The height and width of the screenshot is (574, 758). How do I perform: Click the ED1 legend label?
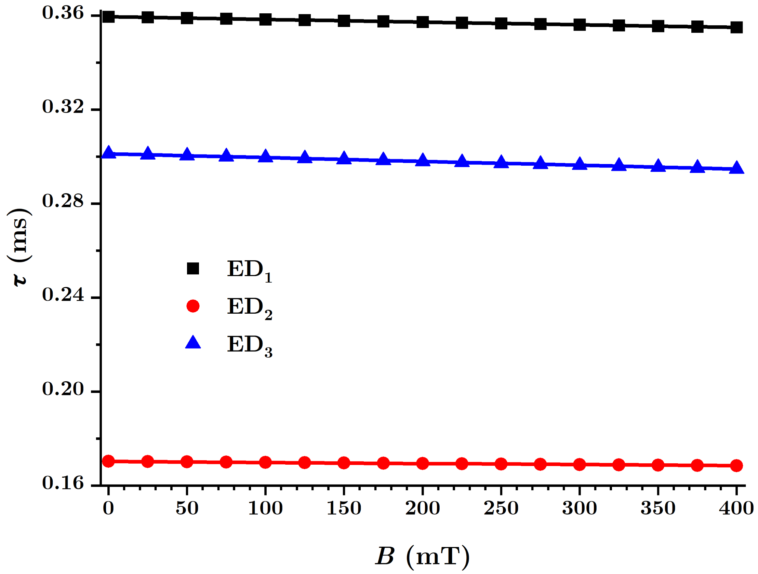pyautogui.click(x=250, y=271)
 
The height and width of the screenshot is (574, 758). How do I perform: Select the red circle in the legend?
pyautogui.click(x=193, y=306)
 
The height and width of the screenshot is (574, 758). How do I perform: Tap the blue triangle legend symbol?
pyautogui.click(x=193, y=343)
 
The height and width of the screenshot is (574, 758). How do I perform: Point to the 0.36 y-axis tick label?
pyautogui.click(x=63, y=13)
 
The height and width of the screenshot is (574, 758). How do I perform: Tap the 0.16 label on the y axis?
pyautogui.click(x=63, y=483)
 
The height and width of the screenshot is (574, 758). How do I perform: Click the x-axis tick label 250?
pyautogui.click(x=501, y=508)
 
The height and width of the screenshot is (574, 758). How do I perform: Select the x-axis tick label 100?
pyautogui.click(x=265, y=508)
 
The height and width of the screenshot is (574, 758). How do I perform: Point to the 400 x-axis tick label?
pyautogui.click(x=736, y=508)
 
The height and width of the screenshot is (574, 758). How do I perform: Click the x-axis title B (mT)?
pyautogui.click(x=422, y=556)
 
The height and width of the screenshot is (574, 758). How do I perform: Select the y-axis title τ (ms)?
pyautogui.click(x=19, y=247)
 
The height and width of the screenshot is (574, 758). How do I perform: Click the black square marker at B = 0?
pyautogui.click(x=108, y=16)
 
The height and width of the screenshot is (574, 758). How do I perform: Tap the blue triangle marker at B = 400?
pyautogui.click(x=736, y=168)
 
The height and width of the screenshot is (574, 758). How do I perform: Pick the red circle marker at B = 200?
pyautogui.click(x=423, y=464)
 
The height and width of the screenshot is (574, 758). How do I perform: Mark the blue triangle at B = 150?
pyautogui.click(x=344, y=158)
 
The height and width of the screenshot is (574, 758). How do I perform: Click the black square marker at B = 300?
pyautogui.click(x=580, y=25)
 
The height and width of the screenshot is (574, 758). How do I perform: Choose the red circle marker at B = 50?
pyautogui.click(x=187, y=462)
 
